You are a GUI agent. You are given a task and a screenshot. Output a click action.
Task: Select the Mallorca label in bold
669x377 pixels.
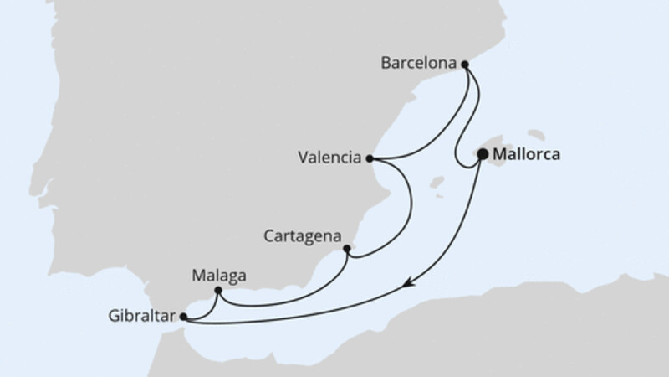tap(527, 154)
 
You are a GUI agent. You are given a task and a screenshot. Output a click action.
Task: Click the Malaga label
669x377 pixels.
tap(214, 274)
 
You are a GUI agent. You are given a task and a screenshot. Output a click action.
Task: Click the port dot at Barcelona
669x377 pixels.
tap(467, 64)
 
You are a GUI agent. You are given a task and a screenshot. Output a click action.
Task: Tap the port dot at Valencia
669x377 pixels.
tap(370, 158)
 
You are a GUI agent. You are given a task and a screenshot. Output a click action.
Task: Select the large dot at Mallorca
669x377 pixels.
tap(483, 154)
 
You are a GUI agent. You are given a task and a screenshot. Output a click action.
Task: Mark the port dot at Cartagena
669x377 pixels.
tap(347, 248)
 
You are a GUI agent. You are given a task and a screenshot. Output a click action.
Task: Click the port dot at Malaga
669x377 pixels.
tap(217, 291)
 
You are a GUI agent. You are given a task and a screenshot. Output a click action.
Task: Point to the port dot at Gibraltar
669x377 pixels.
tap(183, 317)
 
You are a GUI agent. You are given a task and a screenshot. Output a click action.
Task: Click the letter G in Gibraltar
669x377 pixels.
tap(113, 316)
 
